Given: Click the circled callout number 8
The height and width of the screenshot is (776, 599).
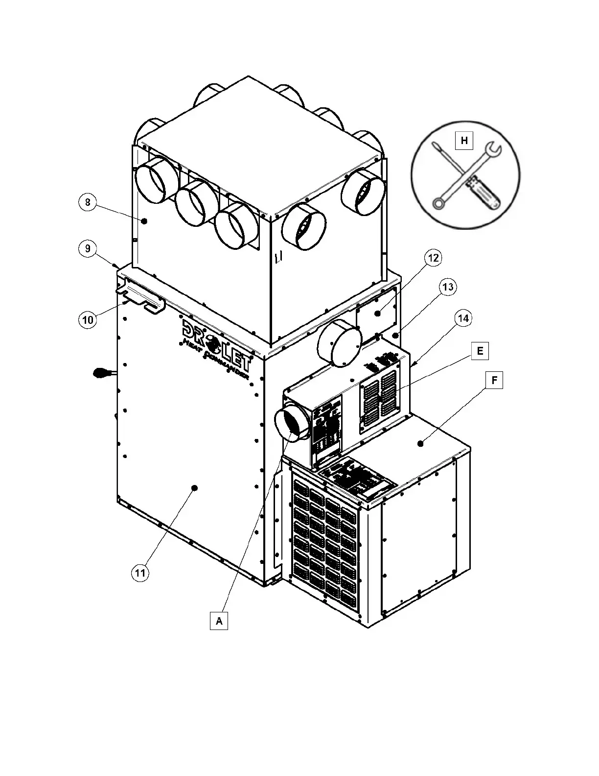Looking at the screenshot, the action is click(87, 202).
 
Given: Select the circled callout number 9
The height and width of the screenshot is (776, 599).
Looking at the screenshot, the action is click(87, 248).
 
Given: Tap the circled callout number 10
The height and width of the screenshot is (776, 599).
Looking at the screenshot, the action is click(87, 320).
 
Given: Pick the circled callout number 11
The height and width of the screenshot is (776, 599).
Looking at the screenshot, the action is click(140, 573).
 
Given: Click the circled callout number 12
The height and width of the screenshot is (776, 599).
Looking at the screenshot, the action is click(433, 258).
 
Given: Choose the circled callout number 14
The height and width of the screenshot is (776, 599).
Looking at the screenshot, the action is click(462, 318).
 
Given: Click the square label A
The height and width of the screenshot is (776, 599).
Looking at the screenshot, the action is click(219, 621).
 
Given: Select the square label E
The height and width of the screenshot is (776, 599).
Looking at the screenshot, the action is click(480, 351).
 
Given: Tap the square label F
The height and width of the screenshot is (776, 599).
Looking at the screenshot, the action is click(495, 380).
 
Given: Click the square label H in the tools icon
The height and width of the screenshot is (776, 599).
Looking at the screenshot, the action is click(464, 141).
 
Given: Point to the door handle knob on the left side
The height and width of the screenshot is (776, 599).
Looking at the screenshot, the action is click(101, 374).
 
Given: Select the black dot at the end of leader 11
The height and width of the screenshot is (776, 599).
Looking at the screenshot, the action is click(195, 488).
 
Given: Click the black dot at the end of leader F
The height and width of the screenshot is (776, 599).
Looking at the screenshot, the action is click(420, 444).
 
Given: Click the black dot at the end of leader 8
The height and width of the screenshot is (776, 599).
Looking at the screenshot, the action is click(144, 221).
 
